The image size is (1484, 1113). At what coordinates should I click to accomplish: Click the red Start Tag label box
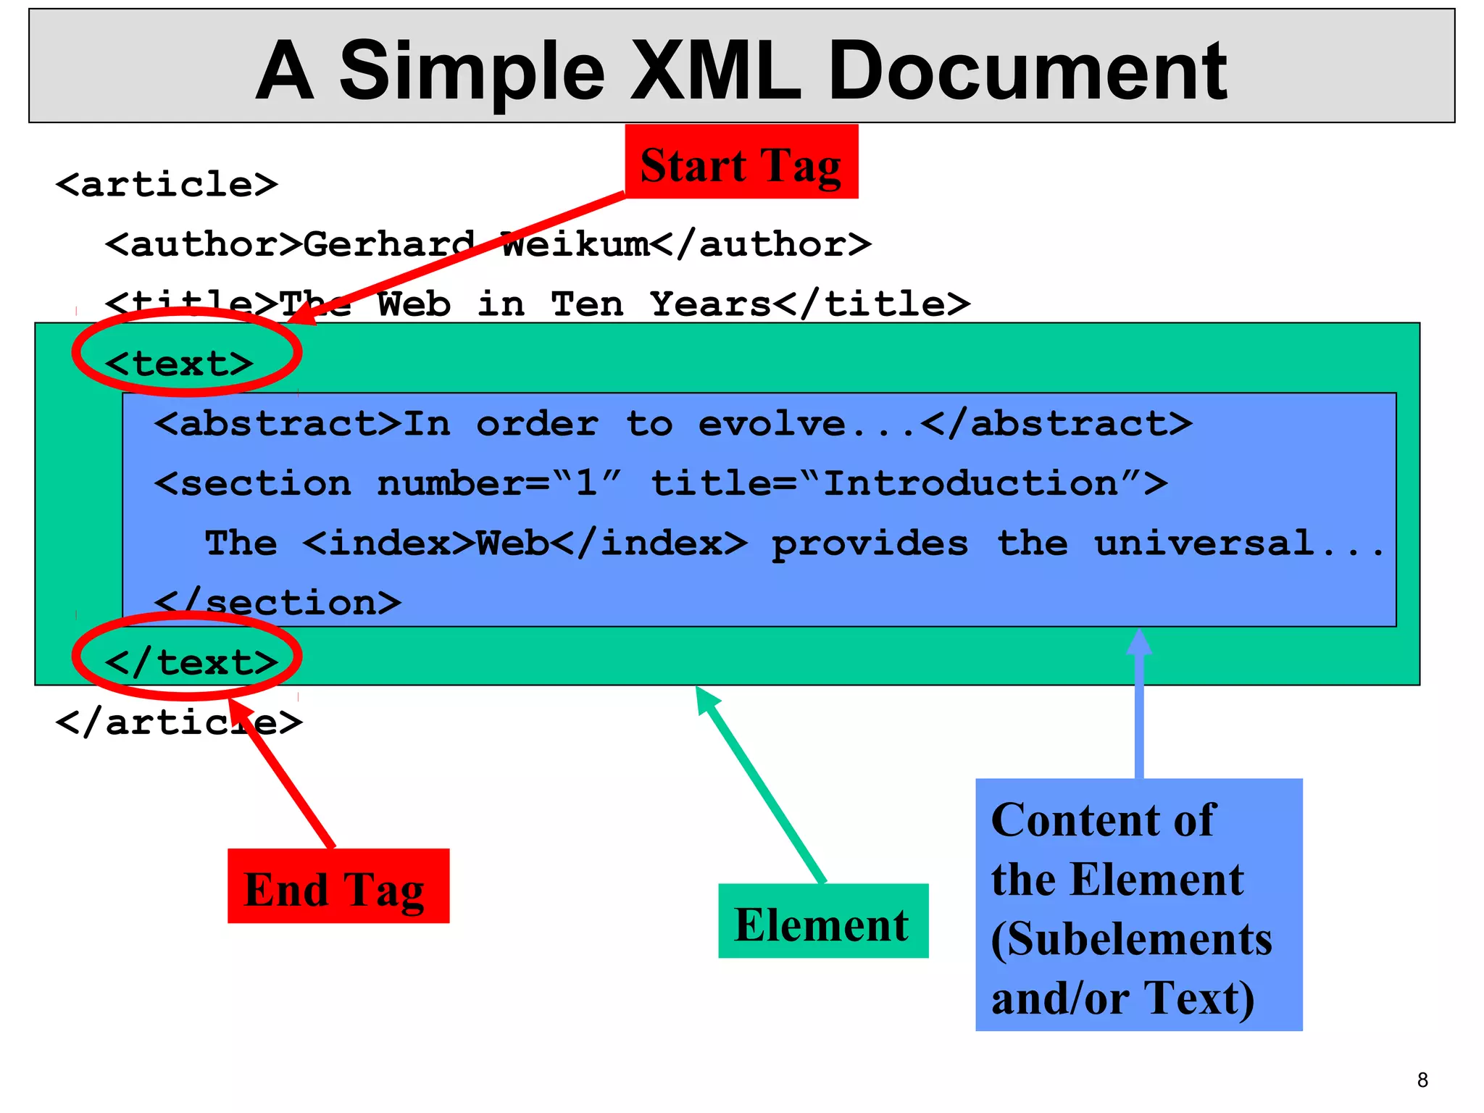pyautogui.click(x=741, y=162)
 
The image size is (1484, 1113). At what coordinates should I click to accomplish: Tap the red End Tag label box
pyautogui.click(x=338, y=886)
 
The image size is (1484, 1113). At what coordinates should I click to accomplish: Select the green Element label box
pyautogui.click(x=823, y=922)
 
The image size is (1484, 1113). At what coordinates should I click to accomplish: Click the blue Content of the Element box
pyautogui.click(x=1138, y=905)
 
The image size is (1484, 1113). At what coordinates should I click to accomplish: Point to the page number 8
pyautogui.click(x=1422, y=1080)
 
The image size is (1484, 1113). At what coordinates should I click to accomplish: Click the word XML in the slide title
pyautogui.click(x=716, y=71)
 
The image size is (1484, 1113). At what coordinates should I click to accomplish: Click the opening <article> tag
pyautogui.click(x=167, y=184)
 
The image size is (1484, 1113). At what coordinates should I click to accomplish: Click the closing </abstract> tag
pyautogui.click(x=1056, y=424)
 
